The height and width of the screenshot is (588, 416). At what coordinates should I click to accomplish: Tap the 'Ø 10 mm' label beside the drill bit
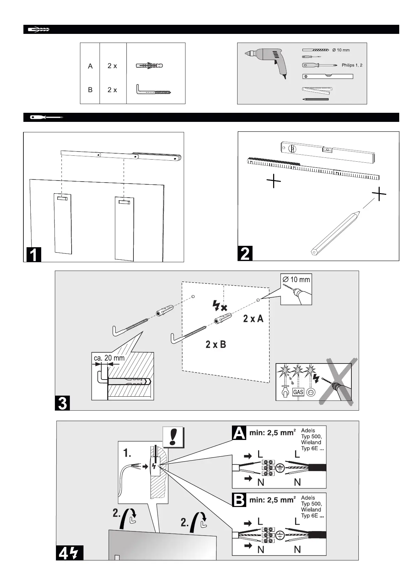point(341,50)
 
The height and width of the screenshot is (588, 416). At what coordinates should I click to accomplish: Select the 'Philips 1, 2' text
point(352,65)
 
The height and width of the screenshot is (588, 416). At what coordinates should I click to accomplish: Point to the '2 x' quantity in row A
point(112,66)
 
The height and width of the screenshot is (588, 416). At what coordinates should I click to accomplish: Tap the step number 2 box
point(245,253)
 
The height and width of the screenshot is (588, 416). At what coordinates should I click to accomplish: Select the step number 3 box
point(63,403)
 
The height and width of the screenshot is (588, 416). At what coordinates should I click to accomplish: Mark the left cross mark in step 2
point(274,181)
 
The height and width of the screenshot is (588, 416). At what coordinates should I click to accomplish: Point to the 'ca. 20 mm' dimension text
point(109,358)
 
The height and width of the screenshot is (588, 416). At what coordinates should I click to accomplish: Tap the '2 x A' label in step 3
point(253,318)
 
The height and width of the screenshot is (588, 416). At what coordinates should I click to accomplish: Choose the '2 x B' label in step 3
point(216,345)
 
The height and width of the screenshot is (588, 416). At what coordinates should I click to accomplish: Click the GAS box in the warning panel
point(298,392)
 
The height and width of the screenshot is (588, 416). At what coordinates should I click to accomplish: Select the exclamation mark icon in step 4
point(173,437)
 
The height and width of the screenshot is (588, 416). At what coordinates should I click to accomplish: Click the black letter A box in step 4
point(239,433)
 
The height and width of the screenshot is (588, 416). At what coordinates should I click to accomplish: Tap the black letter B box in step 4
point(239,500)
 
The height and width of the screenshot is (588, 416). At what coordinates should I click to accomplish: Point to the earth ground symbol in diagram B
point(280,535)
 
